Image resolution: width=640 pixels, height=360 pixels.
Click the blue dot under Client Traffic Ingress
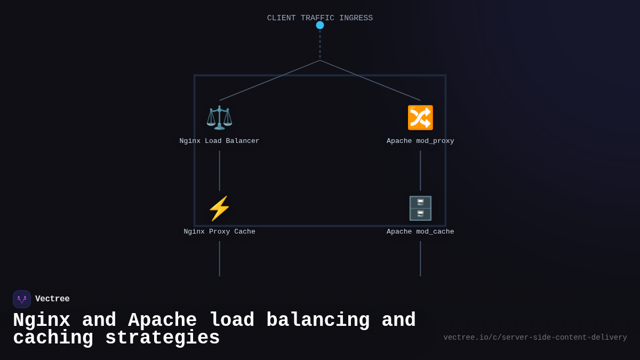pyautogui.click(x=320, y=25)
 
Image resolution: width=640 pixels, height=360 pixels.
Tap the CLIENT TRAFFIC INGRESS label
pyautogui.click(x=320, y=18)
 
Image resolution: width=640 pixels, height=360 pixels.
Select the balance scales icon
pyautogui.click(x=219, y=117)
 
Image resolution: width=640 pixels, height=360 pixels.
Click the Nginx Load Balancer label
pyautogui.click(x=219, y=141)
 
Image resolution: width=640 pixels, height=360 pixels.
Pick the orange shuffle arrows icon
pyautogui.click(x=420, y=117)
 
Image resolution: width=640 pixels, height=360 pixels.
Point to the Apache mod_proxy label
pyautogui.click(x=420, y=141)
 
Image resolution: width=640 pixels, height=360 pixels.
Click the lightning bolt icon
pyautogui.click(x=219, y=208)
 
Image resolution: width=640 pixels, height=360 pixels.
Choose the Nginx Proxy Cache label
pyautogui.click(x=219, y=232)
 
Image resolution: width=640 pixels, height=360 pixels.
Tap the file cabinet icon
pyautogui.click(x=420, y=208)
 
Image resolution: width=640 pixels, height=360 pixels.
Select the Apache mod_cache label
pyautogui.click(x=420, y=232)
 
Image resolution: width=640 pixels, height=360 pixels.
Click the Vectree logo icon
pyautogui.click(x=22, y=299)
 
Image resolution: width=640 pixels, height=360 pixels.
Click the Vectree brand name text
pyautogui.click(x=52, y=299)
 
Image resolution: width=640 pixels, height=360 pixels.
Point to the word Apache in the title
pyautogui.click(x=162, y=321)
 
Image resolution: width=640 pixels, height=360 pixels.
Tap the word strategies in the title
pyautogui.click(x=162, y=338)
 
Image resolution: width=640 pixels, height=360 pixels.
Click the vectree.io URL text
pyautogui.click(x=535, y=338)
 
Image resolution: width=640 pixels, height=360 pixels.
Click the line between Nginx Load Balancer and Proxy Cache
pyautogui.click(x=219, y=171)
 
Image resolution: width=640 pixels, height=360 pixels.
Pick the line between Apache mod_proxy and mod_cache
pyautogui.click(x=420, y=171)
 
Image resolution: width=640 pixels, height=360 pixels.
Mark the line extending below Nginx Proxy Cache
pyautogui.click(x=219, y=259)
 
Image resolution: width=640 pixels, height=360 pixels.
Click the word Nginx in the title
pyautogui.click(x=41, y=321)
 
